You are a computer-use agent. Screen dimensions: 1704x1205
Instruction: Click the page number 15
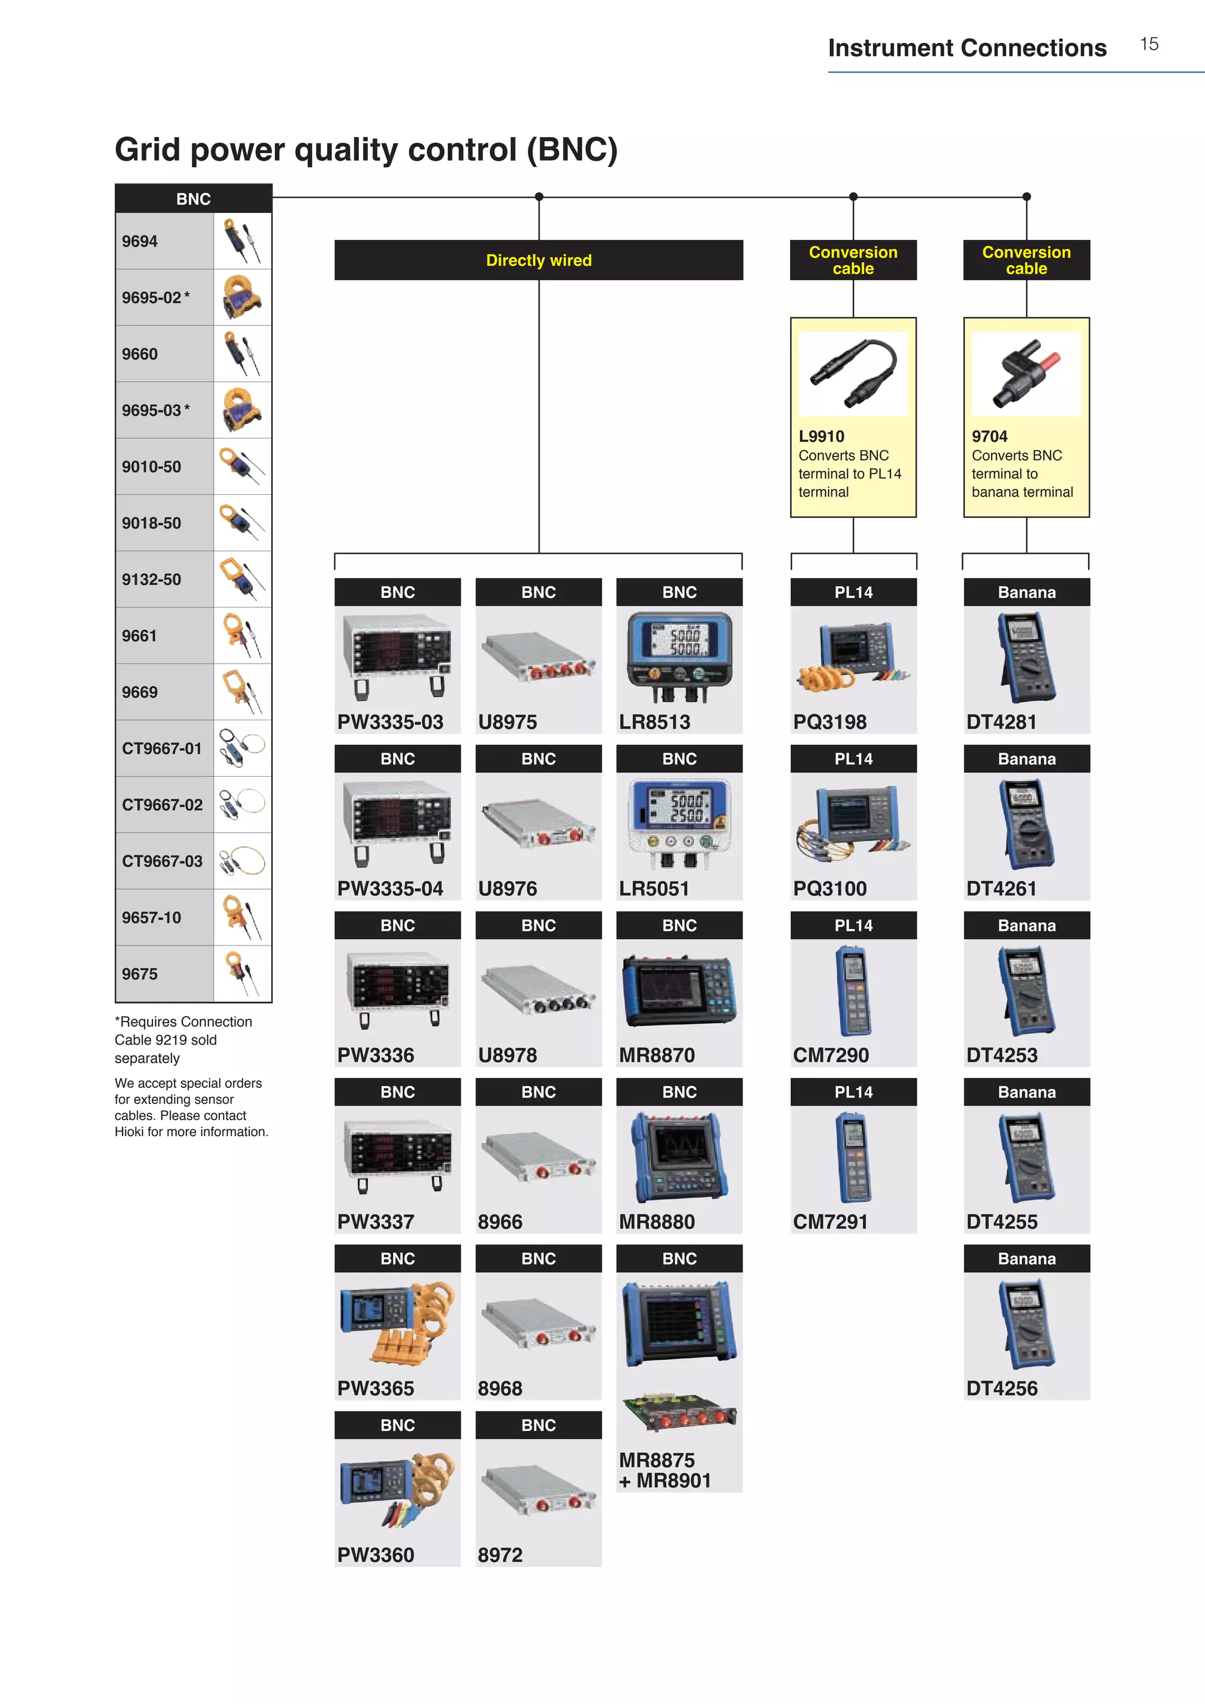tap(1149, 45)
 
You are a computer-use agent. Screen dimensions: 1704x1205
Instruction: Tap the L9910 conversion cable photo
tap(853, 373)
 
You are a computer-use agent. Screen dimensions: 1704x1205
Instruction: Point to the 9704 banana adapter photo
tap(1026, 373)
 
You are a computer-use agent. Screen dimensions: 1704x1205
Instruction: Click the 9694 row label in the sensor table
tap(140, 241)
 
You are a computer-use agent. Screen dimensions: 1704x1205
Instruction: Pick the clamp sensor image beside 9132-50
tap(242, 579)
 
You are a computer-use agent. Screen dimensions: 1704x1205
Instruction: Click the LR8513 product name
tap(654, 721)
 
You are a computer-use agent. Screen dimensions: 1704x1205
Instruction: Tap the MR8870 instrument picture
tap(679, 990)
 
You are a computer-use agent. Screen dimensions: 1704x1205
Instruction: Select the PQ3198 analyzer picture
tap(853, 657)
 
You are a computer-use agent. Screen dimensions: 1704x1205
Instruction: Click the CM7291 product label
tap(830, 1222)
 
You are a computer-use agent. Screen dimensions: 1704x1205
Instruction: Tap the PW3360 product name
tap(375, 1555)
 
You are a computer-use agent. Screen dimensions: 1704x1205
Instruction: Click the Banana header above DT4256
tap(1026, 1259)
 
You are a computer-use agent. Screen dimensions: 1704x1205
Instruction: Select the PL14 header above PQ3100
tap(853, 759)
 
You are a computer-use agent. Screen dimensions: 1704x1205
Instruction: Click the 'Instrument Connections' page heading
tap(967, 48)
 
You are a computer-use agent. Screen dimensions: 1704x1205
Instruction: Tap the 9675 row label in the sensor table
tap(140, 974)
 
